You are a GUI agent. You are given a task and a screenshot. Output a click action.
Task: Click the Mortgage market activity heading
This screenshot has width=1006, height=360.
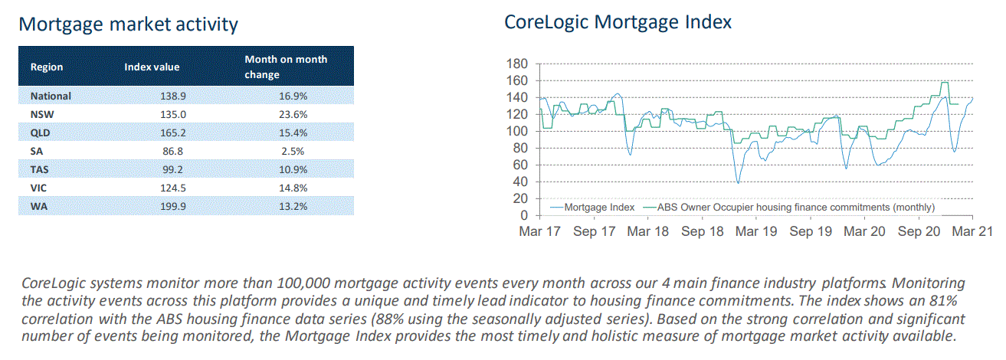[x=128, y=24]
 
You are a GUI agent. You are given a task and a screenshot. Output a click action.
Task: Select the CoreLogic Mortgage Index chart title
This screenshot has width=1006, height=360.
[x=618, y=22]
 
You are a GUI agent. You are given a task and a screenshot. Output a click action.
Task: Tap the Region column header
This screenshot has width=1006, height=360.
[x=47, y=67]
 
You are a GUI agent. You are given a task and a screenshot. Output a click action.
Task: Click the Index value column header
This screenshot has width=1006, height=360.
[x=152, y=67]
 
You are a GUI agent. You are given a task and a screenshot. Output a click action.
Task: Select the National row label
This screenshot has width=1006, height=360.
[x=51, y=97]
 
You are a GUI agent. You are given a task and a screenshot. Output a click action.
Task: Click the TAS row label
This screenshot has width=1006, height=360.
[x=41, y=170]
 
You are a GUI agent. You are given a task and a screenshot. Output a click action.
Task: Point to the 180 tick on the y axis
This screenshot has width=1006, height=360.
[x=519, y=64]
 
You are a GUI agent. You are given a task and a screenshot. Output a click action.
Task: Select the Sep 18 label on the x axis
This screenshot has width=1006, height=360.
[x=703, y=231]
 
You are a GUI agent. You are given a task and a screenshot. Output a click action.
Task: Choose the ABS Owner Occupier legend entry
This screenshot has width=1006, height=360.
[x=796, y=207]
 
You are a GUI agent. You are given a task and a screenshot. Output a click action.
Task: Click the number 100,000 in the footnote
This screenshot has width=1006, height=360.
[x=299, y=283]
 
